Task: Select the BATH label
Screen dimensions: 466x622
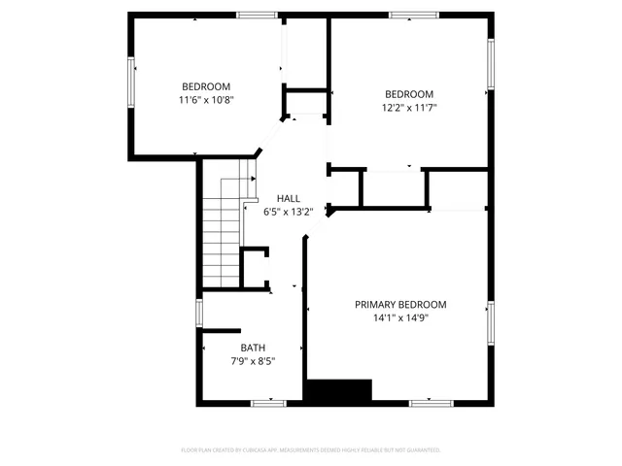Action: [x=253, y=348]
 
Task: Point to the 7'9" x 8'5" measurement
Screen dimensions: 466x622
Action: [x=253, y=361]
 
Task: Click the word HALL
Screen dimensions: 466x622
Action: [x=288, y=197]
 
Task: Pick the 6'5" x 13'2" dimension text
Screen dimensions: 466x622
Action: [x=288, y=211]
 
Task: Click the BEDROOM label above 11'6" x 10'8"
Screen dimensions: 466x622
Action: [x=205, y=86]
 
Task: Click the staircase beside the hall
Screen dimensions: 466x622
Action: [x=222, y=233]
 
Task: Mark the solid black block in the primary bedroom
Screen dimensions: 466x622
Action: [x=338, y=390]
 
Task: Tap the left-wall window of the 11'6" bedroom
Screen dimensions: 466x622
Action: [x=131, y=81]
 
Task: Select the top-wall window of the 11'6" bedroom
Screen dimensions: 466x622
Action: [x=257, y=15]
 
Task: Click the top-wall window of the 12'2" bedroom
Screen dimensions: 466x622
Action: [x=408, y=15]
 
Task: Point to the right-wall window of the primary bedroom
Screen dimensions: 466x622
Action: [x=491, y=323]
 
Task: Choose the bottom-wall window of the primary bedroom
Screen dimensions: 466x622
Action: [x=431, y=402]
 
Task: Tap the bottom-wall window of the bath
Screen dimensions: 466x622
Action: [x=269, y=402]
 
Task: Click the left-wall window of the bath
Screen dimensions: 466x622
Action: [x=199, y=313]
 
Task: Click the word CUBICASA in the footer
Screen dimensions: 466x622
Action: [x=278, y=449]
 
